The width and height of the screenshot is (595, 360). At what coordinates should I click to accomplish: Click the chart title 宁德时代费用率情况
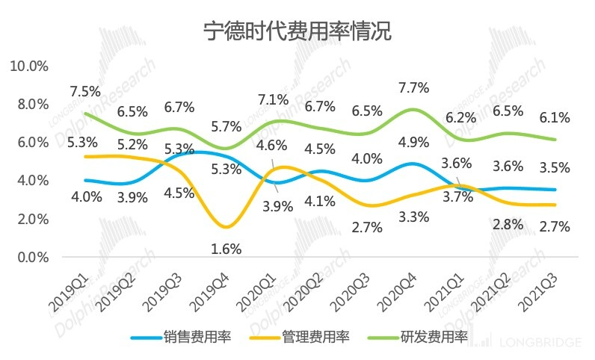(x=297, y=31)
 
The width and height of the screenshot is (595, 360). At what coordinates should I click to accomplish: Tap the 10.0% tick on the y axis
(x=29, y=66)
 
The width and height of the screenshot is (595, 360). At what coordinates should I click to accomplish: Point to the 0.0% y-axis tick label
(x=32, y=258)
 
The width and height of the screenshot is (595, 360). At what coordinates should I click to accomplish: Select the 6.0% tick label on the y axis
(x=32, y=143)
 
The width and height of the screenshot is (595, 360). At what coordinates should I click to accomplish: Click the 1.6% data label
(x=226, y=249)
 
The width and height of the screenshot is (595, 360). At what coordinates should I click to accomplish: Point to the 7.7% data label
(x=414, y=88)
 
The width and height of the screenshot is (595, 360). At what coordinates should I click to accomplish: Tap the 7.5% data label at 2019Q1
(x=85, y=92)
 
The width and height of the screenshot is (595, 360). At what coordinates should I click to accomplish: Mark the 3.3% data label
(x=414, y=217)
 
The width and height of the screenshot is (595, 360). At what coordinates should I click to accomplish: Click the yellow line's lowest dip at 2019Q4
(x=227, y=226)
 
